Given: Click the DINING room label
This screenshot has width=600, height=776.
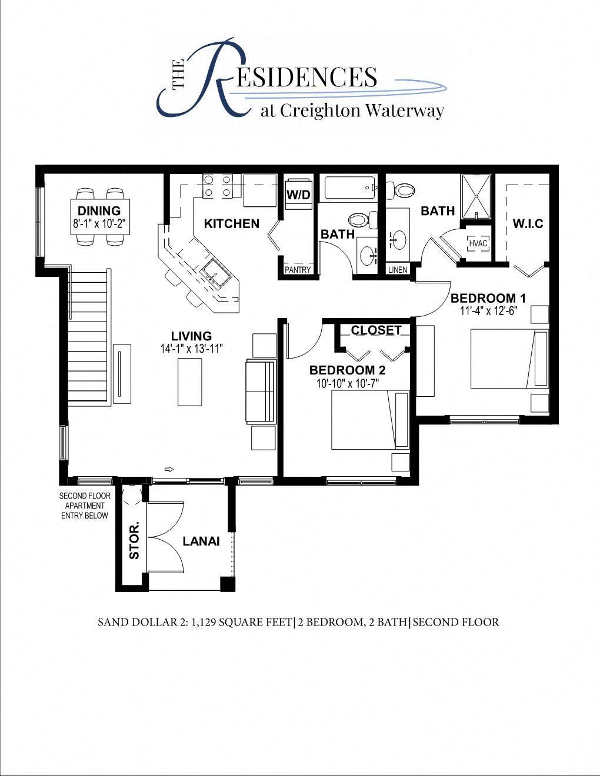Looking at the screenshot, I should tap(99, 211).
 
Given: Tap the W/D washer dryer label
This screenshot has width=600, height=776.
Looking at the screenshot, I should tap(298, 195).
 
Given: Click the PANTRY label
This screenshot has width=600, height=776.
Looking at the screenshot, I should tap(298, 270).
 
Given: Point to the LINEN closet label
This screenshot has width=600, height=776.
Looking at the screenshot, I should tap(398, 270).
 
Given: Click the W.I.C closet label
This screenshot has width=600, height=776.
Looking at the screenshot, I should tap(528, 223).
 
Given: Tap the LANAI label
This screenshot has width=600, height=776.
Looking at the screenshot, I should tap(201, 541).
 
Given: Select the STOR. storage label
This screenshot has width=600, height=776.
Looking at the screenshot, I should tap(135, 539).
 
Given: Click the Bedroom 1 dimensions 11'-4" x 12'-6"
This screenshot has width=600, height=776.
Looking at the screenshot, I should tap(488, 311).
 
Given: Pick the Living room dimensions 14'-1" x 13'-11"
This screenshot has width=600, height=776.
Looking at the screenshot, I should tap(191, 349).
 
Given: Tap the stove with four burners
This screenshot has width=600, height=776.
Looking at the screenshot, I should tap(217, 186).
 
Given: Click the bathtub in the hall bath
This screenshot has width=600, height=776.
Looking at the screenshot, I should tap(347, 188).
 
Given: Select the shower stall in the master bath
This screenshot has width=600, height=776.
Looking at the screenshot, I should tap(476, 196).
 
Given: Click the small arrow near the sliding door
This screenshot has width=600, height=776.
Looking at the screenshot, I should tap(169, 469).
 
